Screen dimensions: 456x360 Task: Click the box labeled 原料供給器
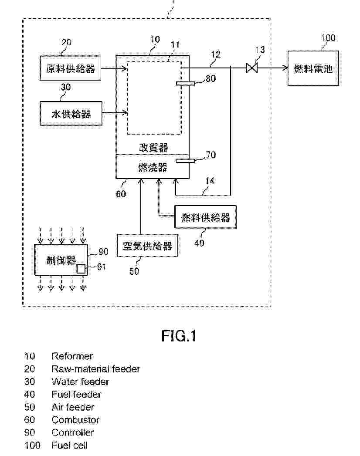coord(71,68)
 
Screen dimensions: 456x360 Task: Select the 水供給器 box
coord(71,114)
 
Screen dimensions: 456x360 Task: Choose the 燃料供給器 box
coord(205,217)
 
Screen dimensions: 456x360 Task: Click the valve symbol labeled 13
coord(252,68)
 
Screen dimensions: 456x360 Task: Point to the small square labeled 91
coord(81,268)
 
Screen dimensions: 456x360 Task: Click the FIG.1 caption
coord(179,336)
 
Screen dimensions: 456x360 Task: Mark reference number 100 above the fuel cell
coord(328,38)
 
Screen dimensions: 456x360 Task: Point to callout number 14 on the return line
coord(210,180)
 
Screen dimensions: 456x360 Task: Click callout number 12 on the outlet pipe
coord(215,55)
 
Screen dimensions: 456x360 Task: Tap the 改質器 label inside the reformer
coord(152,148)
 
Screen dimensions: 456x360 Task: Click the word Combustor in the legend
coord(75,420)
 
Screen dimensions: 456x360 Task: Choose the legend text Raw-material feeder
coord(95,369)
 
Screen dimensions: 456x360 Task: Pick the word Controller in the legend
coord(73,432)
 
